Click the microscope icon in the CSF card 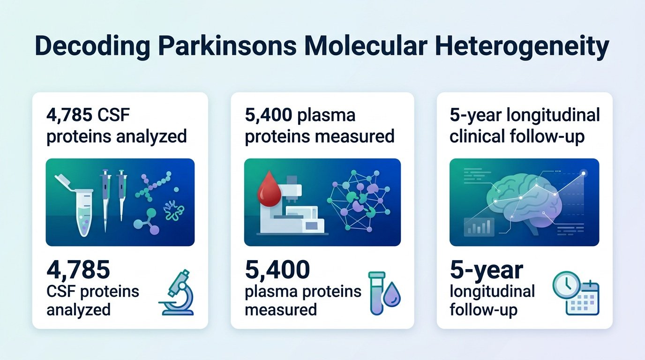[177, 292]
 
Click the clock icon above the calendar [566, 285]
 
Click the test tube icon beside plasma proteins [376, 293]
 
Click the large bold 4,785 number [78, 270]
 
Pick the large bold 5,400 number [277, 270]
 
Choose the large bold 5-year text [487, 271]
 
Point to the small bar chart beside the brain [479, 227]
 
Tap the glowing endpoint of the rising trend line [584, 173]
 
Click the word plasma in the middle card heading [326, 116]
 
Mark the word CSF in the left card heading [113, 115]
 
